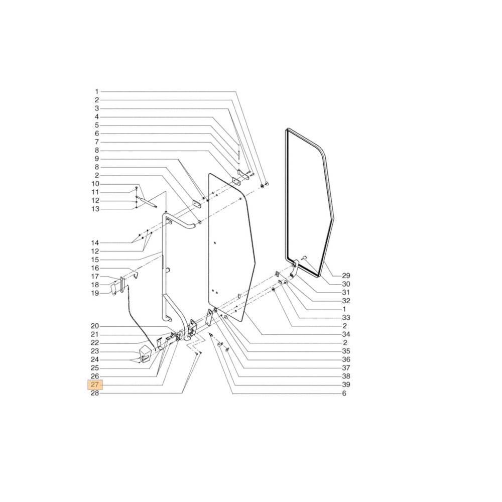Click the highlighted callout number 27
[x=95, y=385]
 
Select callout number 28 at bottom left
[x=95, y=394]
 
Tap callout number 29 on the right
[x=346, y=276]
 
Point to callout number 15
[x=95, y=260]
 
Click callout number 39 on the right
[x=346, y=385]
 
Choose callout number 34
[x=346, y=334]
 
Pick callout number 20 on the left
[x=95, y=326]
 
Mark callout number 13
[x=95, y=209]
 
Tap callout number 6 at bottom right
[x=344, y=394]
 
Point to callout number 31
[x=346, y=292]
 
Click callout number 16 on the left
[x=95, y=268]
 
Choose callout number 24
[x=95, y=360]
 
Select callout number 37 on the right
[x=346, y=368]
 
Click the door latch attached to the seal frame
[x=295, y=267]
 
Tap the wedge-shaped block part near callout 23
[x=145, y=353]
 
